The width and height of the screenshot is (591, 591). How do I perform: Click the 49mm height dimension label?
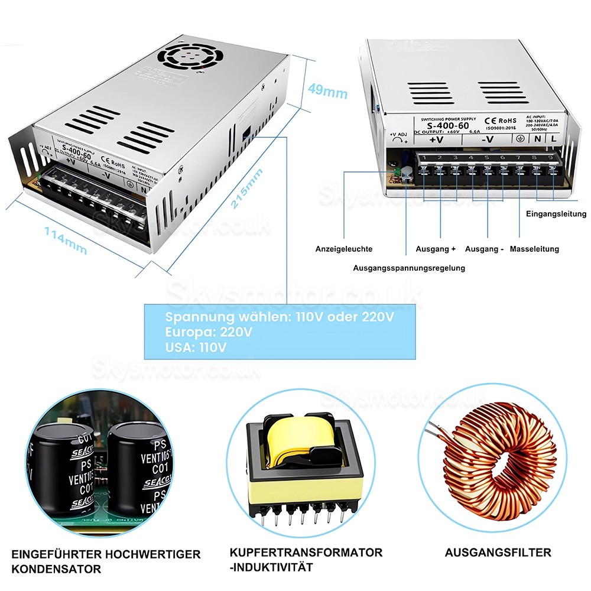[x=327, y=92]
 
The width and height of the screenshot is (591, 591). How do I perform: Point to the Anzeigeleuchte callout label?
[x=344, y=249]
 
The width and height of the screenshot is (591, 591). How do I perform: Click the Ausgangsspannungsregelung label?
[x=408, y=268]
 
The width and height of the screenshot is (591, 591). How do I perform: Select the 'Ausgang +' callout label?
[x=436, y=249]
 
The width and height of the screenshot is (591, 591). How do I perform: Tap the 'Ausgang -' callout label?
[x=484, y=249]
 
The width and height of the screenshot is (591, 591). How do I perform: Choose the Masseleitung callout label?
[x=534, y=249]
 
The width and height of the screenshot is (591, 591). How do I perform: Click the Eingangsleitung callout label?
[x=556, y=214]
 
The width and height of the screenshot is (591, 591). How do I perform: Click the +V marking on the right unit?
[x=436, y=140]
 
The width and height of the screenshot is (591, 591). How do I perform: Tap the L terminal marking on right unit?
[x=554, y=139]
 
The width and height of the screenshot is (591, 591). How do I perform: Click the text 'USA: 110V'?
[x=196, y=347]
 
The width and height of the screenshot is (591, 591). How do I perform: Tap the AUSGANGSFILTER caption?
[x=498, y=553]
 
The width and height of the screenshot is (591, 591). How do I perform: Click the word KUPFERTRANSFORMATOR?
[x=306, y=553]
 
